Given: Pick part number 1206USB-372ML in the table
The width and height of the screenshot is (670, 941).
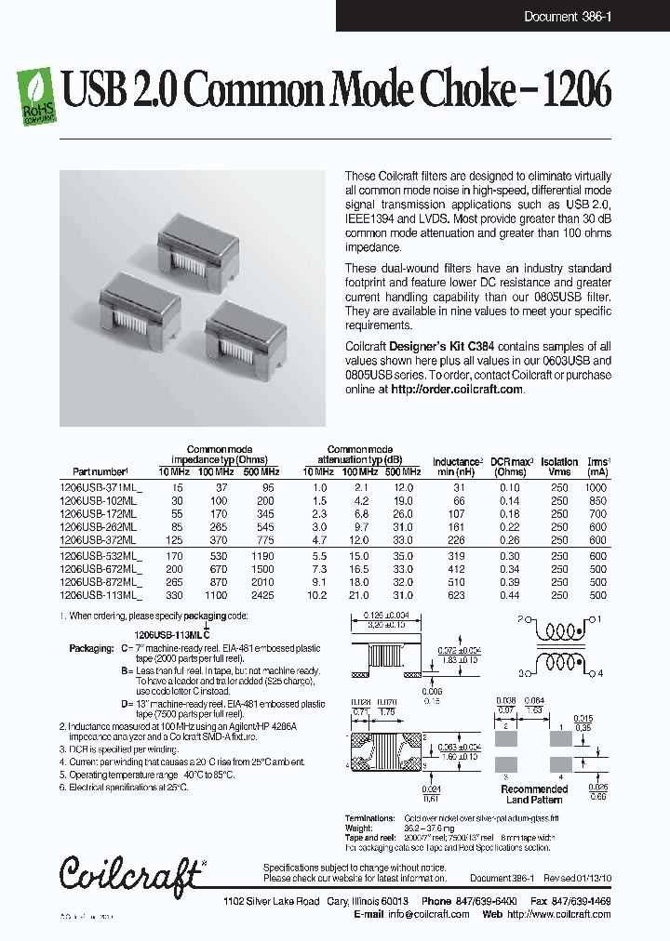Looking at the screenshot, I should (x=98, y=539).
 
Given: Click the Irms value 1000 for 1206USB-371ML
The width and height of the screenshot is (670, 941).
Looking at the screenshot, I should (x=596, y=488).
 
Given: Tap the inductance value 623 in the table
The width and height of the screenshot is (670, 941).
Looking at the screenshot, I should (x=458, y=595).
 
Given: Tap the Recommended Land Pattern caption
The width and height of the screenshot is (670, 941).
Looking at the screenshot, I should (x=535, y=794).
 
